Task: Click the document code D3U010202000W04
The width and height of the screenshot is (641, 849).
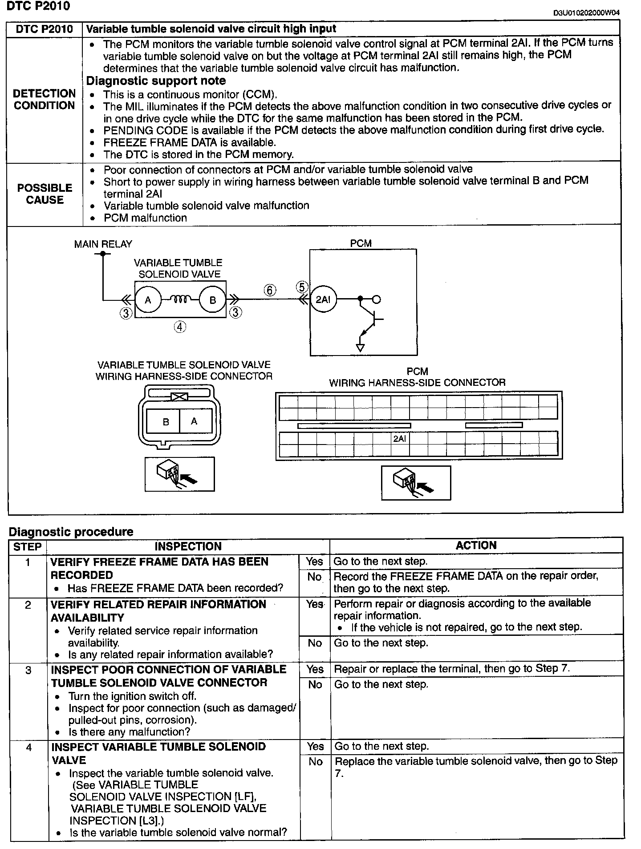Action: tap(586, 12)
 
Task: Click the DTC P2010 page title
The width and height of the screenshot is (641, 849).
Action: tap(38, 6)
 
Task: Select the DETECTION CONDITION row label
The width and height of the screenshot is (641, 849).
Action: tap(45, 99)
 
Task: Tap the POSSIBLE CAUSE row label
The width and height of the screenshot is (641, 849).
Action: tap(45, 194)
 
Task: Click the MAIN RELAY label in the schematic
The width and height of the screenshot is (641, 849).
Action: tap(103, 244)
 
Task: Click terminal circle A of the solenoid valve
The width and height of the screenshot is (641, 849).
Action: tap(148, 300)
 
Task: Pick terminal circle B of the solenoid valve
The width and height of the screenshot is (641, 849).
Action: tap(212, 300)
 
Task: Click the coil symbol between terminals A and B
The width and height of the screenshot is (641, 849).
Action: tap(180, 299)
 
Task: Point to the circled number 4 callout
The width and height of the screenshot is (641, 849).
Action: tap(180, 327)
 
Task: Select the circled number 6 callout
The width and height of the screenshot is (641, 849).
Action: tap(270, 291)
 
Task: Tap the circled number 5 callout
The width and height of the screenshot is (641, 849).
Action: tap(302, 287)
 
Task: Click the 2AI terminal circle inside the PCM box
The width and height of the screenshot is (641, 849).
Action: tap(323, 299)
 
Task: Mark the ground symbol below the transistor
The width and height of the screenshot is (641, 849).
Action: tap(361, 348)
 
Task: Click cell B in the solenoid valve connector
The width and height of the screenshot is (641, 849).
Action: tap(166, 421)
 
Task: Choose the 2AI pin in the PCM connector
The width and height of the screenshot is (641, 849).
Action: tap(399, 439)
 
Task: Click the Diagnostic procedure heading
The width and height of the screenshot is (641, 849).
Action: tap(71, 532)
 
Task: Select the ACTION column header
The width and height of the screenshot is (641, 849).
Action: tap(476, 546)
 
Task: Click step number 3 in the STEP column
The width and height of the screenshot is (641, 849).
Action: tap(28, 670)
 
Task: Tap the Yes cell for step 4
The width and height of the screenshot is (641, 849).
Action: tap(315, 746)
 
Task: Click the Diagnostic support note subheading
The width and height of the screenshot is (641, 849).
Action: tap(156, 81)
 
